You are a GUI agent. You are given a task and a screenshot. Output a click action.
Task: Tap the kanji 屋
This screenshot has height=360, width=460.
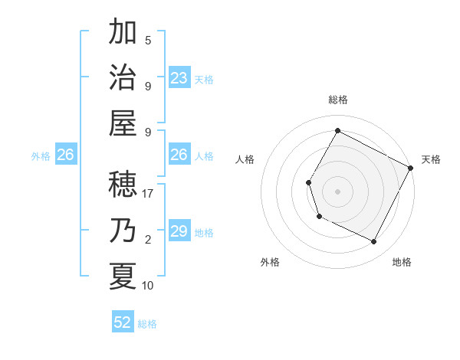pyautogui.click(x=123, y=122)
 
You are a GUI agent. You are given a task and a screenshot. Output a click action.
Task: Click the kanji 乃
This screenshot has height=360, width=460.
pyautogui.click(x=123, y=231)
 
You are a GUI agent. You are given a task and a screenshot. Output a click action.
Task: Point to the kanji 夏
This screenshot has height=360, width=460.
pyautogui.click(x=123, y=276)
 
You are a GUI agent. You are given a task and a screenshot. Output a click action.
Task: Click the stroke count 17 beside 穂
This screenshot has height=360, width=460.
pyautogui.click(x=148, y=195)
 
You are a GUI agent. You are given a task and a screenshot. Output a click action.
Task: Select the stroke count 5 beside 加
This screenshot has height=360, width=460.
pyautogui.click(x=148, y=41)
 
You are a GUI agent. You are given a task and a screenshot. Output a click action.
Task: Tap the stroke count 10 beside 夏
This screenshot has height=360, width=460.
pyautogui.click(x=148, y=285)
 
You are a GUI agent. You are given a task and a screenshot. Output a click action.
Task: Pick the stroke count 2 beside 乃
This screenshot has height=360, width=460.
pyautogui.click(x=148, y=240)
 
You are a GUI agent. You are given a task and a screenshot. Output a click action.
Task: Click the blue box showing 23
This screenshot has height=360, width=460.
pyautogui.click(x=179, y=77)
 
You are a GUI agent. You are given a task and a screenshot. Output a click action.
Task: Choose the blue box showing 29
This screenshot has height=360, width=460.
pyautogui.click(x=179, y=231)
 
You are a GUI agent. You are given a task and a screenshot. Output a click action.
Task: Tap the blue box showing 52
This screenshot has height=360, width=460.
pyautogui.click(x=123, y=322)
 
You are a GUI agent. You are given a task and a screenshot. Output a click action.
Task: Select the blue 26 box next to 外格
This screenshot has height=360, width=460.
pyautogui.click(x=65, y=155)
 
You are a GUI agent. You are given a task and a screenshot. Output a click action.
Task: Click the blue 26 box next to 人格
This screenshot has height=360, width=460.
pyautogui.click(x=179, y=155)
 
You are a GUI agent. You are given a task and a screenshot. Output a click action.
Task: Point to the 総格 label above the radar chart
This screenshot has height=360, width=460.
pyautogui.click(x=337, y=100)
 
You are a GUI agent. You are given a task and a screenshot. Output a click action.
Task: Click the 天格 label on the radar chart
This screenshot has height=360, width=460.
pyautogui.click(x=431, y=160)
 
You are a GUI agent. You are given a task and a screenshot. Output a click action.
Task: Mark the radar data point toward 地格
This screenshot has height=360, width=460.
pyautogui.click(x=374, y=242)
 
